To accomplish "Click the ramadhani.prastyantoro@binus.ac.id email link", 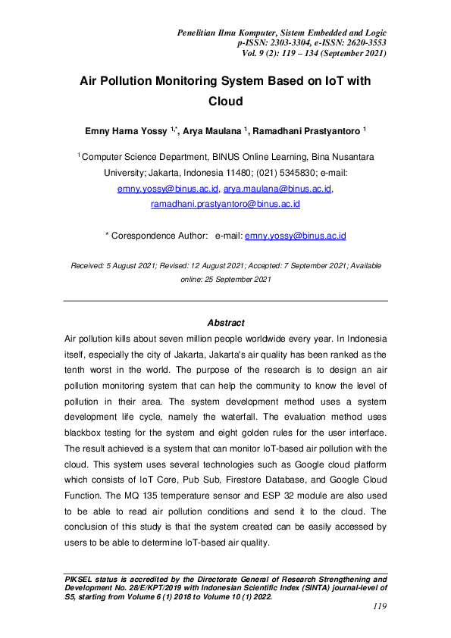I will point(225,205).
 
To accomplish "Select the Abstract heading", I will point(225,322).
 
